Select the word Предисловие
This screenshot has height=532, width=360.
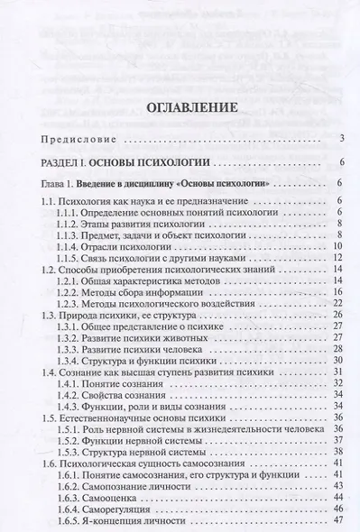coord(79,140)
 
